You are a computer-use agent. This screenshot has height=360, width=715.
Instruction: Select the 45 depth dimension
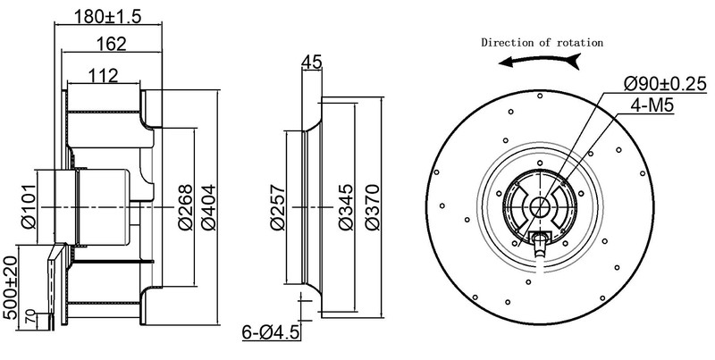click(x=312, y=62)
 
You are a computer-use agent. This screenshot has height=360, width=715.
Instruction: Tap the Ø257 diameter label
click(x=275, y=208)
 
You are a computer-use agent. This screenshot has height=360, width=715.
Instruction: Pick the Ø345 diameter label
click(x=346, y=208)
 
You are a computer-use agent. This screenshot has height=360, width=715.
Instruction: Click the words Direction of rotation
click(x=543, y=42)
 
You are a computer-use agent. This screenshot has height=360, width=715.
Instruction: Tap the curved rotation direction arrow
click(x=542, y=62)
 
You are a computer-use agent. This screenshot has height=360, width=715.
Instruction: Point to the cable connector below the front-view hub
click(x=542, y=242)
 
